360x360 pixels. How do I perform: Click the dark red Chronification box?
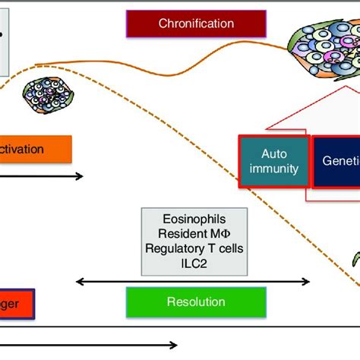coord(196,24)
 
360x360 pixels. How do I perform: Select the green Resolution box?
coord(195,302)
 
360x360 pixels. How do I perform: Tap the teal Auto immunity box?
coord(274,161)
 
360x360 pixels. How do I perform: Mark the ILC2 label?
coord(195,262)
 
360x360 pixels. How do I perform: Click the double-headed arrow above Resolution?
coord(194,282)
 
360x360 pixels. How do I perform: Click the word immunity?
coord(274,169)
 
